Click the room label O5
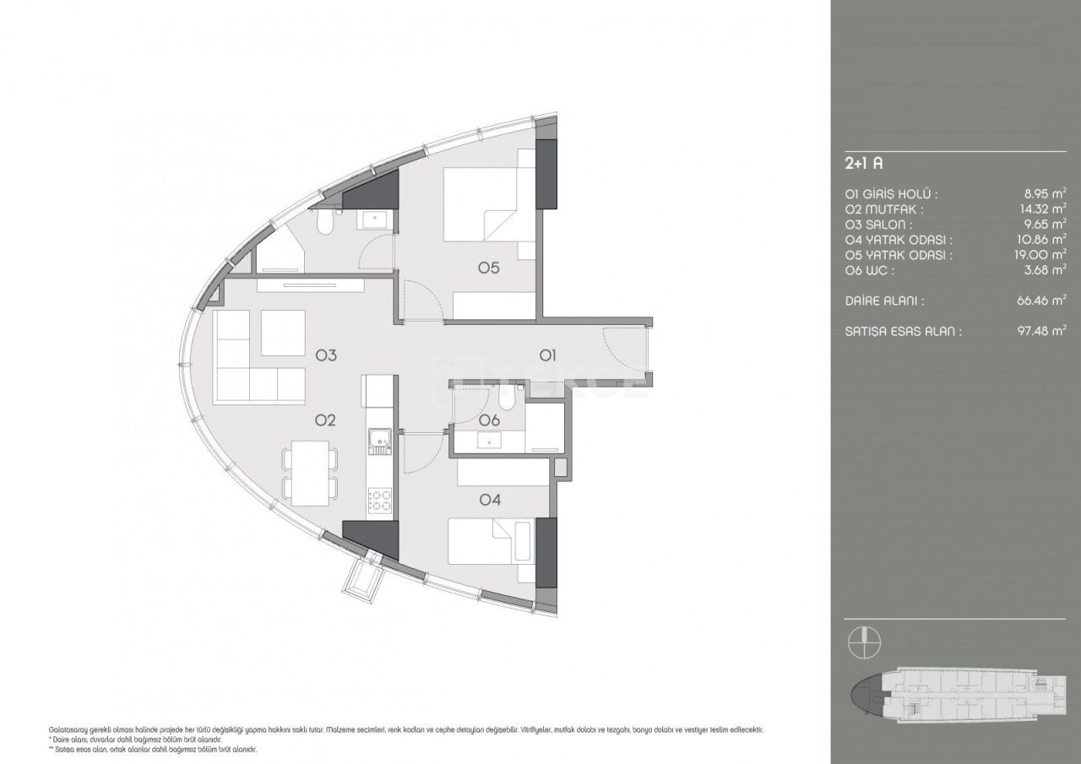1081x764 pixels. click(489, 268)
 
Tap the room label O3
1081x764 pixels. click(327, 355)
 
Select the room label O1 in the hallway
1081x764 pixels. click(547, 355)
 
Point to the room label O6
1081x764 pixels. click(489, 420)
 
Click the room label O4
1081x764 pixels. click(490, 500)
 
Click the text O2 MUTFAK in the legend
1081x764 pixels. click(883, 209)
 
